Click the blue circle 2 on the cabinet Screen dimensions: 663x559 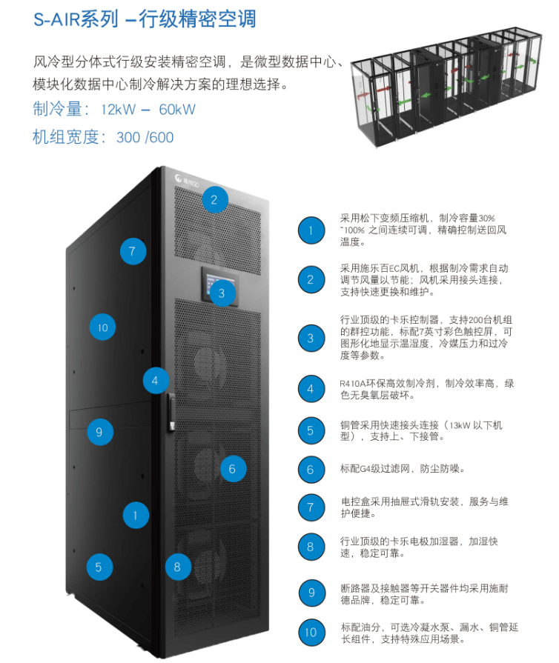pyautogui.click(x=214, y=199)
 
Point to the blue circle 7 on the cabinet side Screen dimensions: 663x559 pyautogui.click(x=132, y=251)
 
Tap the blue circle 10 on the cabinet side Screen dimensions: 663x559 pyautogui.click(x=103, y=327)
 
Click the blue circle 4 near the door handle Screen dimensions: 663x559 pyautogui.click(x=155, y=381)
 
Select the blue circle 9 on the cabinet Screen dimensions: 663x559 pyautogui.click(x=100, y=432)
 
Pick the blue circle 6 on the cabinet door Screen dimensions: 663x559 pyautogui.click(x=232, y=468)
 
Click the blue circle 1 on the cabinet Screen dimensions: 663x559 pyautogui.click(x=136, y=514)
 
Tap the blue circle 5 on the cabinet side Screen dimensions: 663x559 pyautogui.click(x=99, y=567)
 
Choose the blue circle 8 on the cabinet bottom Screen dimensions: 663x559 pyautogui.click(x=176, y=567)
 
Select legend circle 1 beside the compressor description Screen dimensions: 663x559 pyautogui.click(x=311, y=231)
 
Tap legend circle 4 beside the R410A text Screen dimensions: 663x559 pyautogui.click(x=311, y=388)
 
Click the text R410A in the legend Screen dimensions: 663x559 pyautogui.click(x=355, y=383)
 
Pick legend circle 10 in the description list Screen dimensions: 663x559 pyautogui.click(x=311, y=631)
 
